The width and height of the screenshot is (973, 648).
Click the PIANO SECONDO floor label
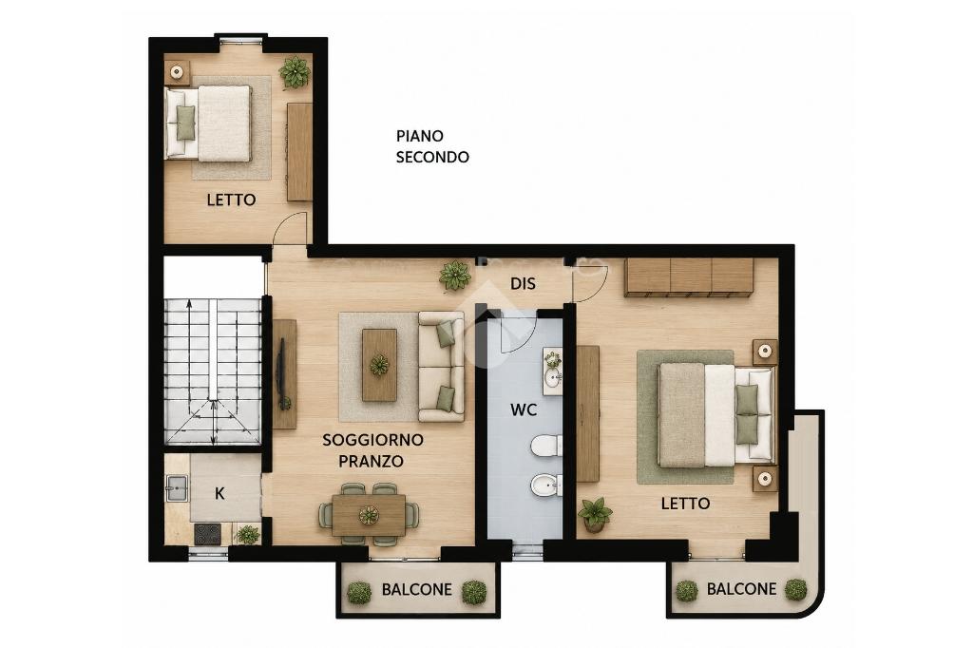(432, 146)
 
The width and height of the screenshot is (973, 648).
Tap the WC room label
(524, 410)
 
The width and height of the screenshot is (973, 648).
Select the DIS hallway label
(523, 284)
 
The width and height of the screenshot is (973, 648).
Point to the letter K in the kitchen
(219, 493)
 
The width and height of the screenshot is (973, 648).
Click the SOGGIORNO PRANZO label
(372, 450)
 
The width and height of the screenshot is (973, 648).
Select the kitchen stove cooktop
(207, 534)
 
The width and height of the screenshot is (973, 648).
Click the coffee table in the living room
(379, 365)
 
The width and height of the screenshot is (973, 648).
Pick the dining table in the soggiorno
(369, 515)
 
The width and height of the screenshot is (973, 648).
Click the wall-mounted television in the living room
(280, 373)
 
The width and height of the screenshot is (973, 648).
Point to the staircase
(212, 372)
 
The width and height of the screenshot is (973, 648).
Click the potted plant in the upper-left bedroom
(295, 72)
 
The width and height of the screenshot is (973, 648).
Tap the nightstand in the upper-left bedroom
(177, 72)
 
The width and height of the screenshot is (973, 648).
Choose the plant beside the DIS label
(455, 275)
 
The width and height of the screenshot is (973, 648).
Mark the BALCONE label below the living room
(416, 589)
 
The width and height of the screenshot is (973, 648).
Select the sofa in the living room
(441, 367)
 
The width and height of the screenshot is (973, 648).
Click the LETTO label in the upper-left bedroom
(232, 200)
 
